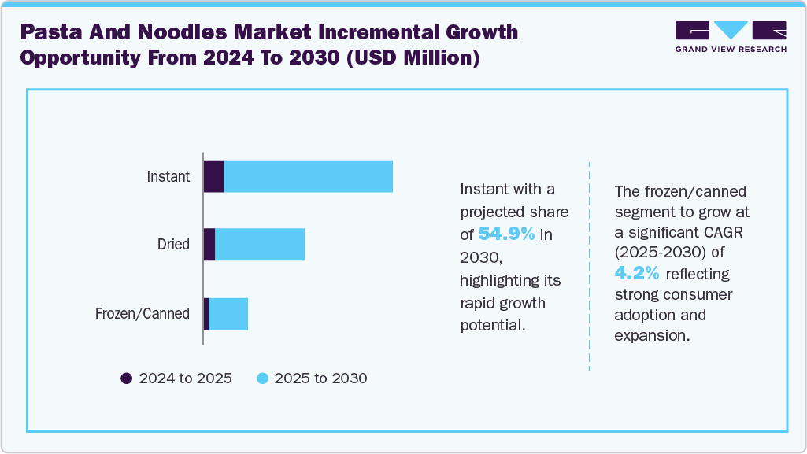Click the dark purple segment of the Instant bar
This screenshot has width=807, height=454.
tap(213, 176)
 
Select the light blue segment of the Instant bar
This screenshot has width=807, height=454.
tap(308, 176)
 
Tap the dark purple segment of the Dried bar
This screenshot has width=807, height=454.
tap(209, 245)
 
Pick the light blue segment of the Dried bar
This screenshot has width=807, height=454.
tap(260, 245)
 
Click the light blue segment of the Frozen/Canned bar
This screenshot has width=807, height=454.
tap(228, 314)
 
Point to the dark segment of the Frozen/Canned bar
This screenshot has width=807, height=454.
tap(206, 314)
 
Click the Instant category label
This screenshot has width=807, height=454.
tap(168, 176)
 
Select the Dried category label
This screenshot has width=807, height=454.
tap(173, 245)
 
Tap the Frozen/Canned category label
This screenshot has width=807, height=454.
tap(143, 314)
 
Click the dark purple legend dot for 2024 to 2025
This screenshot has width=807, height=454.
tap(127, 378)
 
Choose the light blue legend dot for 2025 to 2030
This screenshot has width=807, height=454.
tap(263, 378)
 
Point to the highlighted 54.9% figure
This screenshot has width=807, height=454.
tap(507, 234)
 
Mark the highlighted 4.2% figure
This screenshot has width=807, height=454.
tap(639, 273)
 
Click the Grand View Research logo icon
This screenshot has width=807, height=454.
tap(730, 31)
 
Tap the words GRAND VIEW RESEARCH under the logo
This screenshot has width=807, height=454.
tap(730, 50)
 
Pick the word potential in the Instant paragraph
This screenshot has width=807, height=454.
tap(492, 325)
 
